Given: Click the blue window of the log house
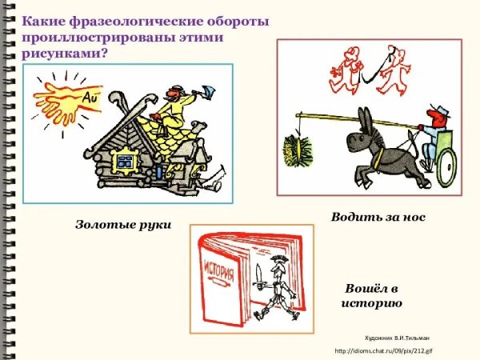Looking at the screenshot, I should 124,162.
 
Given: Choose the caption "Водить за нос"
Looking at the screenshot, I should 378,218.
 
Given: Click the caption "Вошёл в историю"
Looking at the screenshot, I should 371,295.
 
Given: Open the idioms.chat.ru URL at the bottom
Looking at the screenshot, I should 383,351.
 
